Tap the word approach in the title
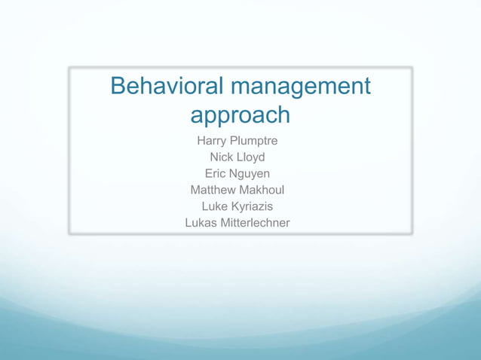[240, 115]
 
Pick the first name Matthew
[214, 190]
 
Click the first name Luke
[215, 206]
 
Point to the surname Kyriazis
[252, 206]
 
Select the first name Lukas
[201, 223]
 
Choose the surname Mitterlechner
[256, 223]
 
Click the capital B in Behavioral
[118, 87]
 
